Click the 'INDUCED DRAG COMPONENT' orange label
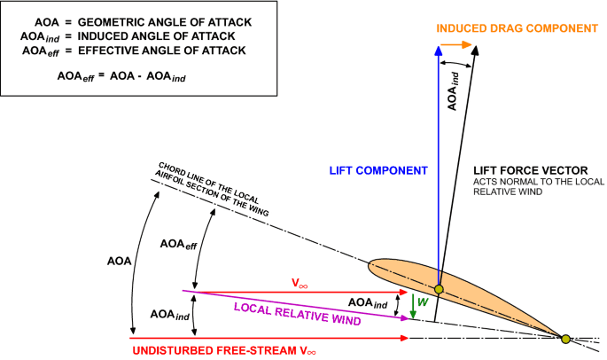point(517,28)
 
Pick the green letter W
point(423,301)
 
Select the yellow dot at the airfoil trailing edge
point(565,337)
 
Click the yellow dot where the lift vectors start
point(438,289)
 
